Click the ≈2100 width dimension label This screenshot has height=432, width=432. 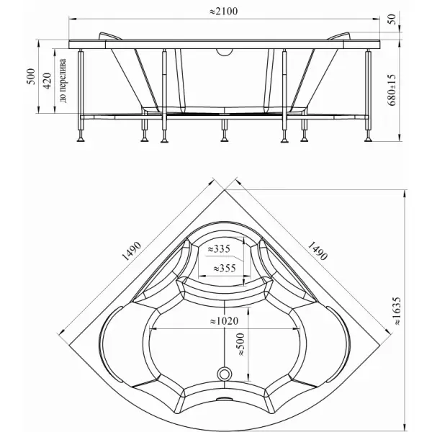point(223,12)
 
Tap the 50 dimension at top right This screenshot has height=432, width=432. point(392,19)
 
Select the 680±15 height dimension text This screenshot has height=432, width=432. point(392,90)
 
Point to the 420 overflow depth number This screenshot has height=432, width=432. point(47,81)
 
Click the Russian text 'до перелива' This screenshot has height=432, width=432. point(63,81)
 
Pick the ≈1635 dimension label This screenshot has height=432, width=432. point(397,311)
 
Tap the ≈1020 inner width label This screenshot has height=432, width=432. point(224,321)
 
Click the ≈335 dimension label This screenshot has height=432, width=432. point(219,249)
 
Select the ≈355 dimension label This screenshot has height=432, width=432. point(225,268)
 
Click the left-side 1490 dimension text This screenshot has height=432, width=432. point(132,251)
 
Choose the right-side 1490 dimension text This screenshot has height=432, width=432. point(317,251)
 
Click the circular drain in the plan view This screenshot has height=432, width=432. point(225,374)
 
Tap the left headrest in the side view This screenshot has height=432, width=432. point(110,36)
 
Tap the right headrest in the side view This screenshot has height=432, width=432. point(338,36)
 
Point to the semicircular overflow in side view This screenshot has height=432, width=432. point(225,53)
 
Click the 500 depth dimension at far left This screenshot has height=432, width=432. point(32,76)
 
